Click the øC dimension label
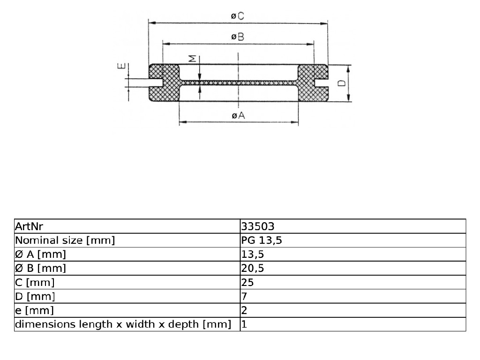238,15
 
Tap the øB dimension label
238,37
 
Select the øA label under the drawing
239,115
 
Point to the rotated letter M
192,59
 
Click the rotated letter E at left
121,66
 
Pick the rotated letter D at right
342,83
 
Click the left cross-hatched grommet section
165,83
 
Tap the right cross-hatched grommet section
313,83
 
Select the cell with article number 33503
258,226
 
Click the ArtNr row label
29,226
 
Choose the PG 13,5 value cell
262,240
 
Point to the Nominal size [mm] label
65,240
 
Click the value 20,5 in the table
253,269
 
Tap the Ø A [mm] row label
40,255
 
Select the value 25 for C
247,282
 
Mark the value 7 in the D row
244,296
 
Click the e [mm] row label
34,310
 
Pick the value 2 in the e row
244,310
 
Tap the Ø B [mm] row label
40,269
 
